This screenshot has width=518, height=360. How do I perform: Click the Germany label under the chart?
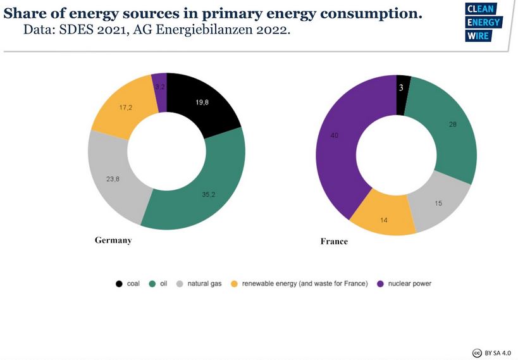113,240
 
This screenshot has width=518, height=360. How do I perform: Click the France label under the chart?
334,242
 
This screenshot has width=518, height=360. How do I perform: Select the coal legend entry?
128,283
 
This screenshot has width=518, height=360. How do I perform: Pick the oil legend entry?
159,283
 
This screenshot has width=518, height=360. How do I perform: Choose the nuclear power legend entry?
404,283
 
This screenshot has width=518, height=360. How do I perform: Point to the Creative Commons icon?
478,352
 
